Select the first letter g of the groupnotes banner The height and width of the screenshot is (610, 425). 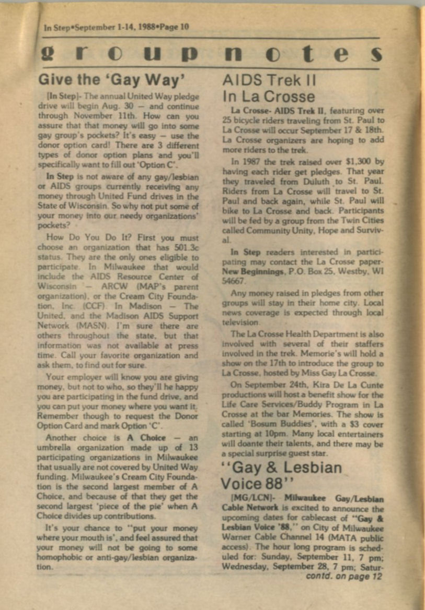(x=46, y=54)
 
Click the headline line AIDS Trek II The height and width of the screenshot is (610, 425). (x=269, y=81)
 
